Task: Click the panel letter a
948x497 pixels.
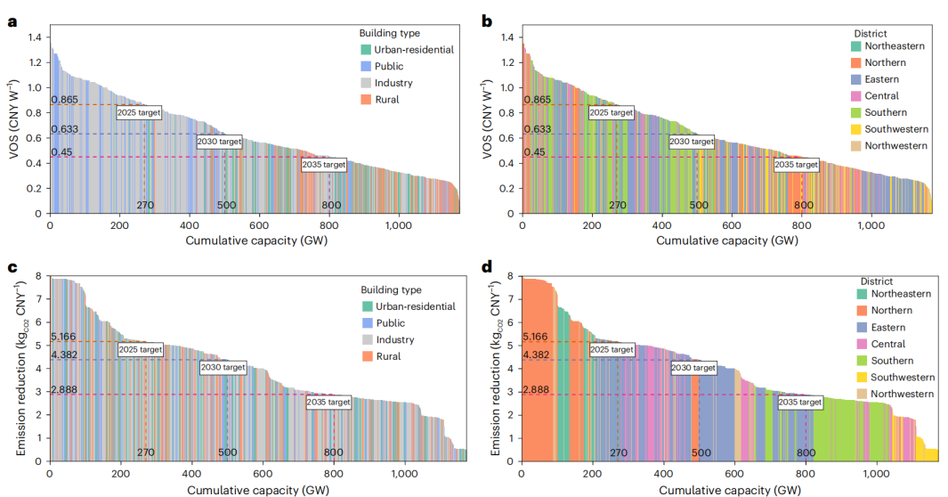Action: coord(12,21)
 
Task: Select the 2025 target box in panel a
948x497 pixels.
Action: coord(140,112)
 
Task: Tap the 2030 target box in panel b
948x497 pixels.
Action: coord(691,141)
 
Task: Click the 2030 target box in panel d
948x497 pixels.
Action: coord(693,367)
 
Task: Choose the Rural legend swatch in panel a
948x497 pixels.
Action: coord(366,100)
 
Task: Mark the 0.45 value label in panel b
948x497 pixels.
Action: coord(535,152)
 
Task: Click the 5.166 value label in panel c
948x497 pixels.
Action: coord(64,337)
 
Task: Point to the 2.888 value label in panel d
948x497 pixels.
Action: coord(536,390)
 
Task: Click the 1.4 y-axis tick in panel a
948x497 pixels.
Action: coord(35,37)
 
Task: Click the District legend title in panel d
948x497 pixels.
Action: coord(871,281)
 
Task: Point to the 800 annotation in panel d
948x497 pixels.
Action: coord(806,452)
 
